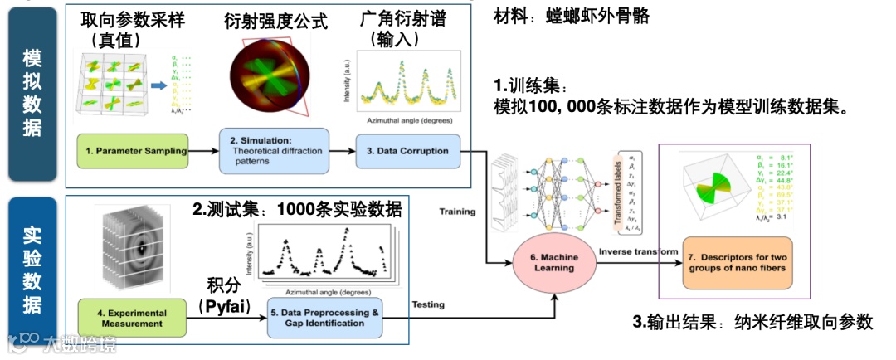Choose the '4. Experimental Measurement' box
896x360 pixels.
[x=132, y=318]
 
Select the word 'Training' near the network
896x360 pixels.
[x=458, y=212]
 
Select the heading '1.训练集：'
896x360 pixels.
[x=531, y=86]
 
